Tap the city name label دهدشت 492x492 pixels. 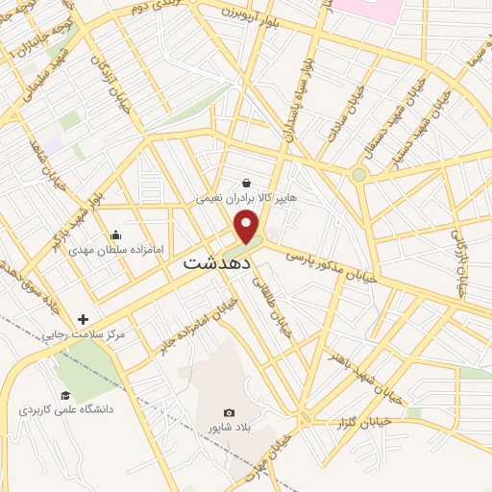[217, 260]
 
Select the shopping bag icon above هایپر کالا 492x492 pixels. [247, 183]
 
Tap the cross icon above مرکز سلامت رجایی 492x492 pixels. [83, 319]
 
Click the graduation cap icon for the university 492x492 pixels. [65, 395]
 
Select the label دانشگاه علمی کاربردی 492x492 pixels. [66, 410]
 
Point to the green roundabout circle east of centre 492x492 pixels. [358, 175]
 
